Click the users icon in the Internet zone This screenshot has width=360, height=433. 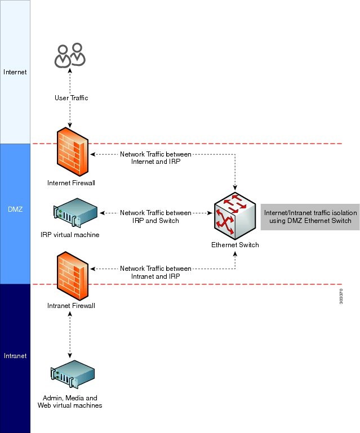tap(70, 55)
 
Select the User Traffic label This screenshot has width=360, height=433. tap(71, 98)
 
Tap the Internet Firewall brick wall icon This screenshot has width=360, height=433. tap(73, 153)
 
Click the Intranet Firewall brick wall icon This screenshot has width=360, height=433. tap(73, 276)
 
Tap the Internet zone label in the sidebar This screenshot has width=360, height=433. tap(15, 72)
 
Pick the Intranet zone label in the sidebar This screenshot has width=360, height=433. tap(15, 356)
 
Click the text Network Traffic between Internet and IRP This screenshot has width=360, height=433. tap(156, 157)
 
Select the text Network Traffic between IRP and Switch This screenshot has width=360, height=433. tap(156, 217)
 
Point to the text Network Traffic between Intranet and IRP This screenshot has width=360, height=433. tap(156, 272)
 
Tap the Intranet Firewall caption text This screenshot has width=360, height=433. tap(70, 306)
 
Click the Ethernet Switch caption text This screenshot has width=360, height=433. tap(235, 245)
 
